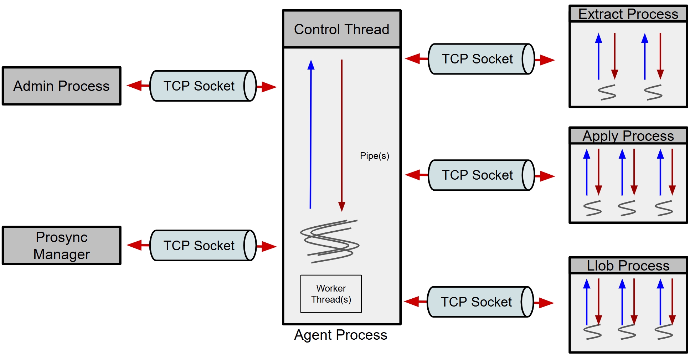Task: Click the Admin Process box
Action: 62,86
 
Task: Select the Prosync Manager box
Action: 62,246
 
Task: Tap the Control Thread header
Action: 341,29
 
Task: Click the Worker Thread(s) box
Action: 331,294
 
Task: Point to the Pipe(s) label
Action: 374,156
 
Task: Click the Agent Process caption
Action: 341,335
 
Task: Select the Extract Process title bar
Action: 628,14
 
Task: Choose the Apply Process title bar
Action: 628,136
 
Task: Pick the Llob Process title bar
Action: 628,266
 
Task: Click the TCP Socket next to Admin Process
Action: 202,86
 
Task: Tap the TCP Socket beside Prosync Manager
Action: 202,246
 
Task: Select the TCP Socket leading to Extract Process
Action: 481,59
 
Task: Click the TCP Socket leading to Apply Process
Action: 481,175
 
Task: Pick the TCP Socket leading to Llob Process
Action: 480,302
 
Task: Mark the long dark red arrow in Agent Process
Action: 342,135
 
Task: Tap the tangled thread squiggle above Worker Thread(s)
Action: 330,241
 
